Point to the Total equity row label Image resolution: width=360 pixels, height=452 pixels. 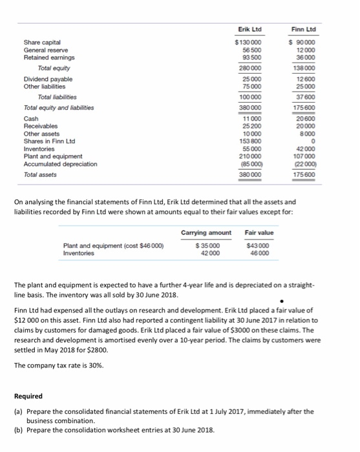[54, 67]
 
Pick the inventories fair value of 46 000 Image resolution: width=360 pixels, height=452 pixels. [260, 253]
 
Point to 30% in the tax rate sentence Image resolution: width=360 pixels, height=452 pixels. [89, 364]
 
